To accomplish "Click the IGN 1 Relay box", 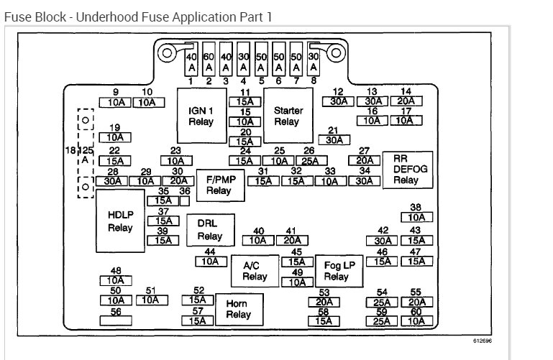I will pyautogui.click(x=201, y=116).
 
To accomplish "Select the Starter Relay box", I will pyautogui.click(x=286, y=116).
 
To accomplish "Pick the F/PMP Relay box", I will pyautogui.click(x=219, y=185).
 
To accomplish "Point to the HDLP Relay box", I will pyautogui.click(x=120, y=221).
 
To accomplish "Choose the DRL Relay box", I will pyautogui.click(x=209, y=230).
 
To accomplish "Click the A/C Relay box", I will pyautogui.click(x=255, y=271).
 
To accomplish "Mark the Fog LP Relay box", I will pyautogui.click(x=336, y=271).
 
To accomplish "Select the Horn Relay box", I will pyautogui.click(x=238, y=308).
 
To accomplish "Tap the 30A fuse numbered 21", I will pyautogui.click(x=333, y=140).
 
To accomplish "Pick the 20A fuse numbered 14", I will pyautogui.click(x=406, y=101).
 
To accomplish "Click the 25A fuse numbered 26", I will pyautogui.click(x=309, y=160).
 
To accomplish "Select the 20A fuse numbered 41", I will pyautogui.click(x=291, y=241).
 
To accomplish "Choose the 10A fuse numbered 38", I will pyautogui.click(x=416, y=216).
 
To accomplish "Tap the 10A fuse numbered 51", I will pyautogui.click(x=150, y=300).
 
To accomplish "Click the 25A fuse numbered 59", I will pyautogui.click(x=382, y=321).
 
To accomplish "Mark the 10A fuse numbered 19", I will pyautogui.click(x=114, y=137).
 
